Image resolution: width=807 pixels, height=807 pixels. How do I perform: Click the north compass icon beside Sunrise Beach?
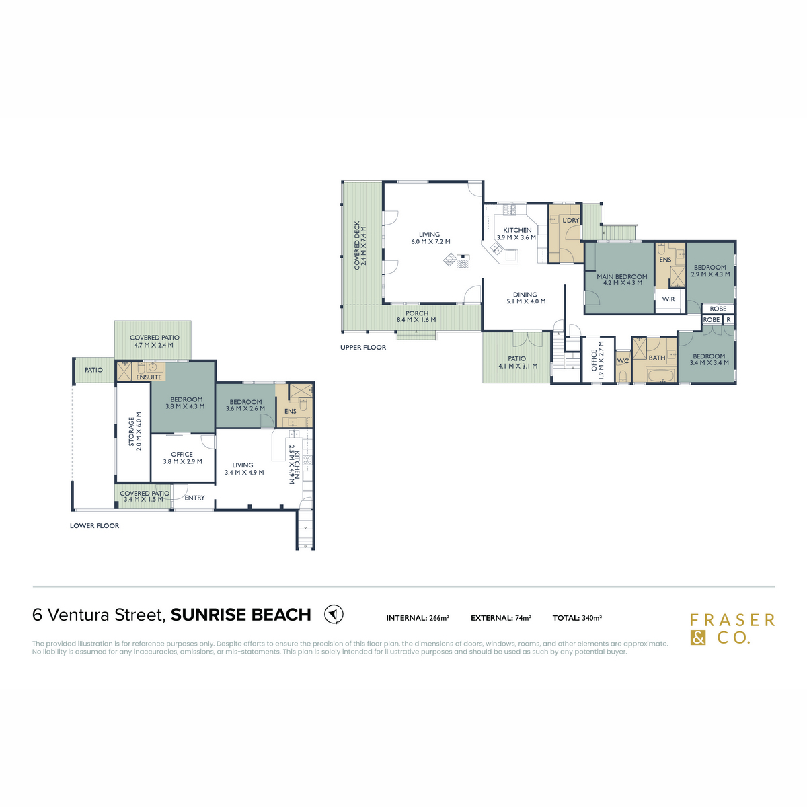point(334,614)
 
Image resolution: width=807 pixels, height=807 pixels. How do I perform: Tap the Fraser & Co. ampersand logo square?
point(698,638)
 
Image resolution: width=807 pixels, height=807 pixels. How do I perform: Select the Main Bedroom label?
point(621,276)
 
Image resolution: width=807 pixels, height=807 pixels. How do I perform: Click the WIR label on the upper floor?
point(668,299)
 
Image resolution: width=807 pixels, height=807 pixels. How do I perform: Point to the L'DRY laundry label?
point(570,221)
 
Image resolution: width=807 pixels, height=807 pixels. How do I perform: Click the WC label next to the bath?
point(623,361)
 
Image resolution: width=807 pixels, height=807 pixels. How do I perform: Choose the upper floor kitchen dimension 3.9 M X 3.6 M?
point(516,237)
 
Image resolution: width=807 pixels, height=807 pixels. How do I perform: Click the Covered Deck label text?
point(357,245)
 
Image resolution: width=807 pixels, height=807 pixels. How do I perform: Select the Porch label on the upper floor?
point(417,313)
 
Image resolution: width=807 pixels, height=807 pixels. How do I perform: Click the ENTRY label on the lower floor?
point(194,498)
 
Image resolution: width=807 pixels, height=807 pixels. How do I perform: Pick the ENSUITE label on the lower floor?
point(149,377)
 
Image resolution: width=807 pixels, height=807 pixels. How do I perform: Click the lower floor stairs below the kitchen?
point(305,531)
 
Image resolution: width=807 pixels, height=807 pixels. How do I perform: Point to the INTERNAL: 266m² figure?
point(418,618)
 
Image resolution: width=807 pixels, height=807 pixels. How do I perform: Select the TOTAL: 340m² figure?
point(577,618)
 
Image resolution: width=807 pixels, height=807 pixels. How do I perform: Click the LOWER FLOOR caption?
point(94,526)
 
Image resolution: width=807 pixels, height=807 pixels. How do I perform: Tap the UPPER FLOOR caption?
point(363,348)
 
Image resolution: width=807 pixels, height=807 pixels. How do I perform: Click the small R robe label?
point(728,320)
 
